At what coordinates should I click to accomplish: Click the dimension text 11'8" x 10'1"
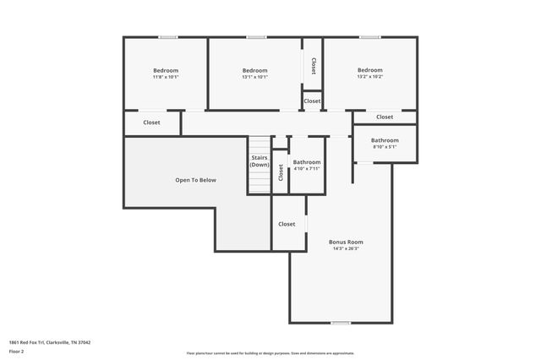tap(166, 77)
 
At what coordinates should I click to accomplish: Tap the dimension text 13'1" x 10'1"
tap(254, 77)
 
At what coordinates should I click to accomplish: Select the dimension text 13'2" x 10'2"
tap(369, 77)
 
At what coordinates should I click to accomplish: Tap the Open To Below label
tap(195, 180)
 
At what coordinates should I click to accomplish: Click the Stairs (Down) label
tap(260, 161)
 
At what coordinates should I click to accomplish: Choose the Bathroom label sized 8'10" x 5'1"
tap(385, 140)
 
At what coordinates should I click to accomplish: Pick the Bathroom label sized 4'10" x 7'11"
tap(306, 162)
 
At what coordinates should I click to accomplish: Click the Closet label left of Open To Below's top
tap(151, 123)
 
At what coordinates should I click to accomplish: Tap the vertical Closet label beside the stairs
tap(281, 172)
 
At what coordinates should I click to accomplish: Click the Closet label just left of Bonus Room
tap(287, 224)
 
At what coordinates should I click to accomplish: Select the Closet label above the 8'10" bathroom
tap(385, 117)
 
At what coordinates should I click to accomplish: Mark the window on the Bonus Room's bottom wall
tap(341, 323)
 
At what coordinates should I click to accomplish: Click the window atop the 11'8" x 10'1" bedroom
tap(168, 37)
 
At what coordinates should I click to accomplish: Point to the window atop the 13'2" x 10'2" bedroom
tap(369, 37)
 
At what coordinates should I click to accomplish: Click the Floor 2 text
tap(17, 350)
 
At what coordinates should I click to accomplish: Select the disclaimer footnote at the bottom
tap(270, 353)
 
